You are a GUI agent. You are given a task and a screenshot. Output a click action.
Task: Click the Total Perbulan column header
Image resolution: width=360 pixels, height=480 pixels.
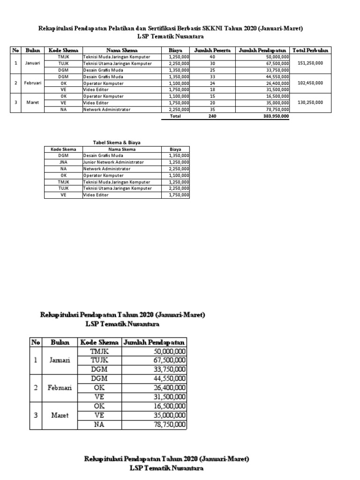310,50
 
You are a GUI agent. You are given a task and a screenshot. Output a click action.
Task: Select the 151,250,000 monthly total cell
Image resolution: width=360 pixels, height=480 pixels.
310,63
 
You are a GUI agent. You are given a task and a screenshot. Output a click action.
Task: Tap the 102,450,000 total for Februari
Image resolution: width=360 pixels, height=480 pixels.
310,83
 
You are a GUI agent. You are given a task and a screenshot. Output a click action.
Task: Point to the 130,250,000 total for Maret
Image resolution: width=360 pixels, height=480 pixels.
310,103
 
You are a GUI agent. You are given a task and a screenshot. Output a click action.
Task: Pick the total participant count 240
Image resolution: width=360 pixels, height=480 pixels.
212,116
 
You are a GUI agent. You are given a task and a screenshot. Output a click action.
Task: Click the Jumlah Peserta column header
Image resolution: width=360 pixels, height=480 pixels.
212,50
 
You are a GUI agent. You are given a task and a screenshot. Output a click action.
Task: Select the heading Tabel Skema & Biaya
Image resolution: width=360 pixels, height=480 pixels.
117,142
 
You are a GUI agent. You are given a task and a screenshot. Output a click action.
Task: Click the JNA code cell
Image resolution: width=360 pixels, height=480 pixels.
63,162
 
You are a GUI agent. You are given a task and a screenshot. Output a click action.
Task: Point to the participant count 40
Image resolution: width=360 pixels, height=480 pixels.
212,57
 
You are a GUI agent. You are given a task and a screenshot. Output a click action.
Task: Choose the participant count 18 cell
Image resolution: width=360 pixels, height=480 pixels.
212,90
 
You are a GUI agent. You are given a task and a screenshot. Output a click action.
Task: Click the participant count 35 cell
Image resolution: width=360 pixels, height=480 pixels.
212,109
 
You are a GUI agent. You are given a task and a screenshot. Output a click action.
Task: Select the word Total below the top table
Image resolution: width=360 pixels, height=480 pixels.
175,116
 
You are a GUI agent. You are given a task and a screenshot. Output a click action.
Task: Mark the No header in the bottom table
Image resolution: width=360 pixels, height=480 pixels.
36,342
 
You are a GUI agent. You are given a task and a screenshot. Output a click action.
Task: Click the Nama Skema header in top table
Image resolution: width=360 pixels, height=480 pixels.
121,50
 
